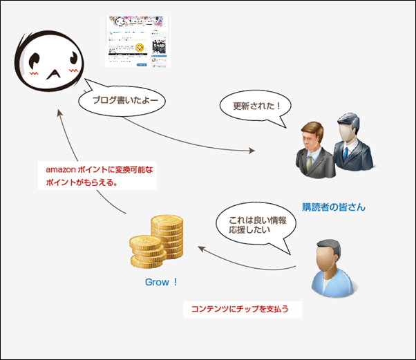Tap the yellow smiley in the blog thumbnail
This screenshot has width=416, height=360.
click(x=140, y=46)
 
